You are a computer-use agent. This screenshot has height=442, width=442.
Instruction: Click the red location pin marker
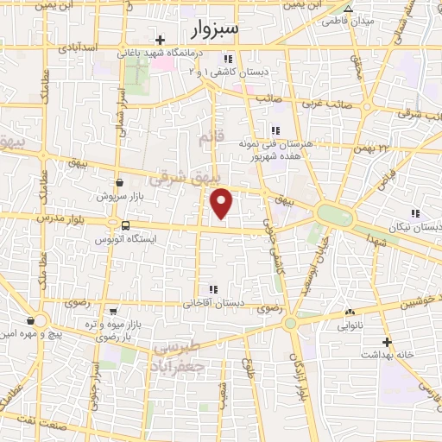(x=222, y=204)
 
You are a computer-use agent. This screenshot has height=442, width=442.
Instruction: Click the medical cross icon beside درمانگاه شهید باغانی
(x=161, y=40)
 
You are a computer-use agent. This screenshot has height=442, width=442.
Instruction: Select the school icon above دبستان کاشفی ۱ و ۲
(x=228, y=59)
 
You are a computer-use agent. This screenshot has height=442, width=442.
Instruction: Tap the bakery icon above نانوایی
(x=350, y=313)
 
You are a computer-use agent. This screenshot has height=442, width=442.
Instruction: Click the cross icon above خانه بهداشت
(x=388, y=342)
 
